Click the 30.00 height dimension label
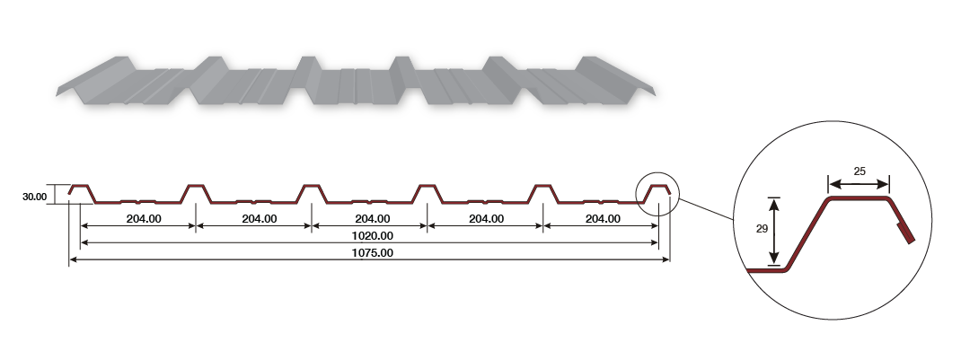(x=34, y=195)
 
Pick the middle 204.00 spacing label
(x=372, y=218)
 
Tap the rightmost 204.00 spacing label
(x=602, y=218)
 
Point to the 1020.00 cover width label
(x=372, y=235)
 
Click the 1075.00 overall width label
(x=372, y=253)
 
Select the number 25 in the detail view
(x=859, y=171)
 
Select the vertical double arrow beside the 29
(x=774, y=232)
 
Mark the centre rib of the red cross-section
(x=311, y=192)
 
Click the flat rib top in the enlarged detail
(x=858, y=198)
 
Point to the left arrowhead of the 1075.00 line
(x=73, y=259)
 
